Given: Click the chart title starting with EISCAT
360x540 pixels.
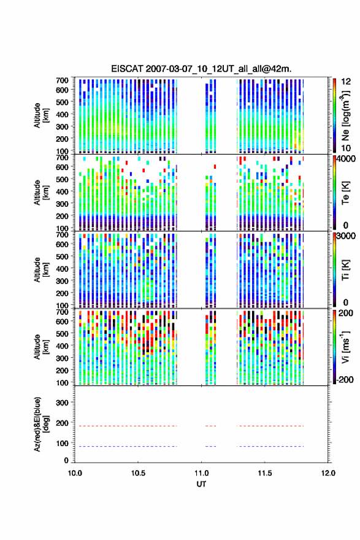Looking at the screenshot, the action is [201, 69].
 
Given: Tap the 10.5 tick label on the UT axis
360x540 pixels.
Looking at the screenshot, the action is [138, 473].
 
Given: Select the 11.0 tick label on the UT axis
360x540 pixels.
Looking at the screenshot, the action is [201, 473].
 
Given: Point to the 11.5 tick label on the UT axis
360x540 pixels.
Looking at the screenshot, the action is [265, 473].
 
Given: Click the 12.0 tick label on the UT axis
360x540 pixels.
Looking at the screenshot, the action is [328, 473].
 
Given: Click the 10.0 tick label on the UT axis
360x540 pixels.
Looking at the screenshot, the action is [75, 473].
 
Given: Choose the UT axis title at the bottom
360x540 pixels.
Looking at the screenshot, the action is [201, 484].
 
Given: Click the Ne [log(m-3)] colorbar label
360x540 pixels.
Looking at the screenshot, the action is [345, 116].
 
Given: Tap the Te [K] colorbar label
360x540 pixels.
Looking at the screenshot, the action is [345, 193].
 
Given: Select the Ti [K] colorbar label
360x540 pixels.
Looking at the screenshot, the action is [345, 270].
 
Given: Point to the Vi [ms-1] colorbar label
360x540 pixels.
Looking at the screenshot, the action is [345, 347].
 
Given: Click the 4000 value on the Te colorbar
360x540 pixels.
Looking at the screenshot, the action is [346, 160].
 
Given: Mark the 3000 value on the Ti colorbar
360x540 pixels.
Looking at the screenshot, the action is [346, 236].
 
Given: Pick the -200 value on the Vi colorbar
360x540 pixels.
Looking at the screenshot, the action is [345, 379].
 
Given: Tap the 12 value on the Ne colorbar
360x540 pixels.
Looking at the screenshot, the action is [346, 82].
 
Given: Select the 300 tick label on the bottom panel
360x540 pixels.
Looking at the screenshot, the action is [62, 403].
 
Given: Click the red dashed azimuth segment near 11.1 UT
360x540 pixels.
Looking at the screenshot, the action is [210, 426].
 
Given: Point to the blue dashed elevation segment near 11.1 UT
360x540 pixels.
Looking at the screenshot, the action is [210, 447].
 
